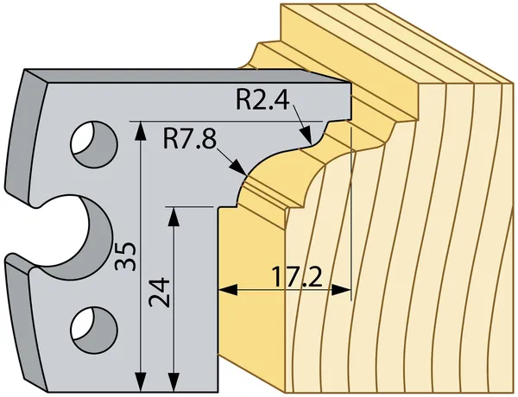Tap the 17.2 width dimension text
297,278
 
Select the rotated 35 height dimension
127,257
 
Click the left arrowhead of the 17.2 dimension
226,290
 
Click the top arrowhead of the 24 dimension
175,213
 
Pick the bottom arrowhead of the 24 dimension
175,381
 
